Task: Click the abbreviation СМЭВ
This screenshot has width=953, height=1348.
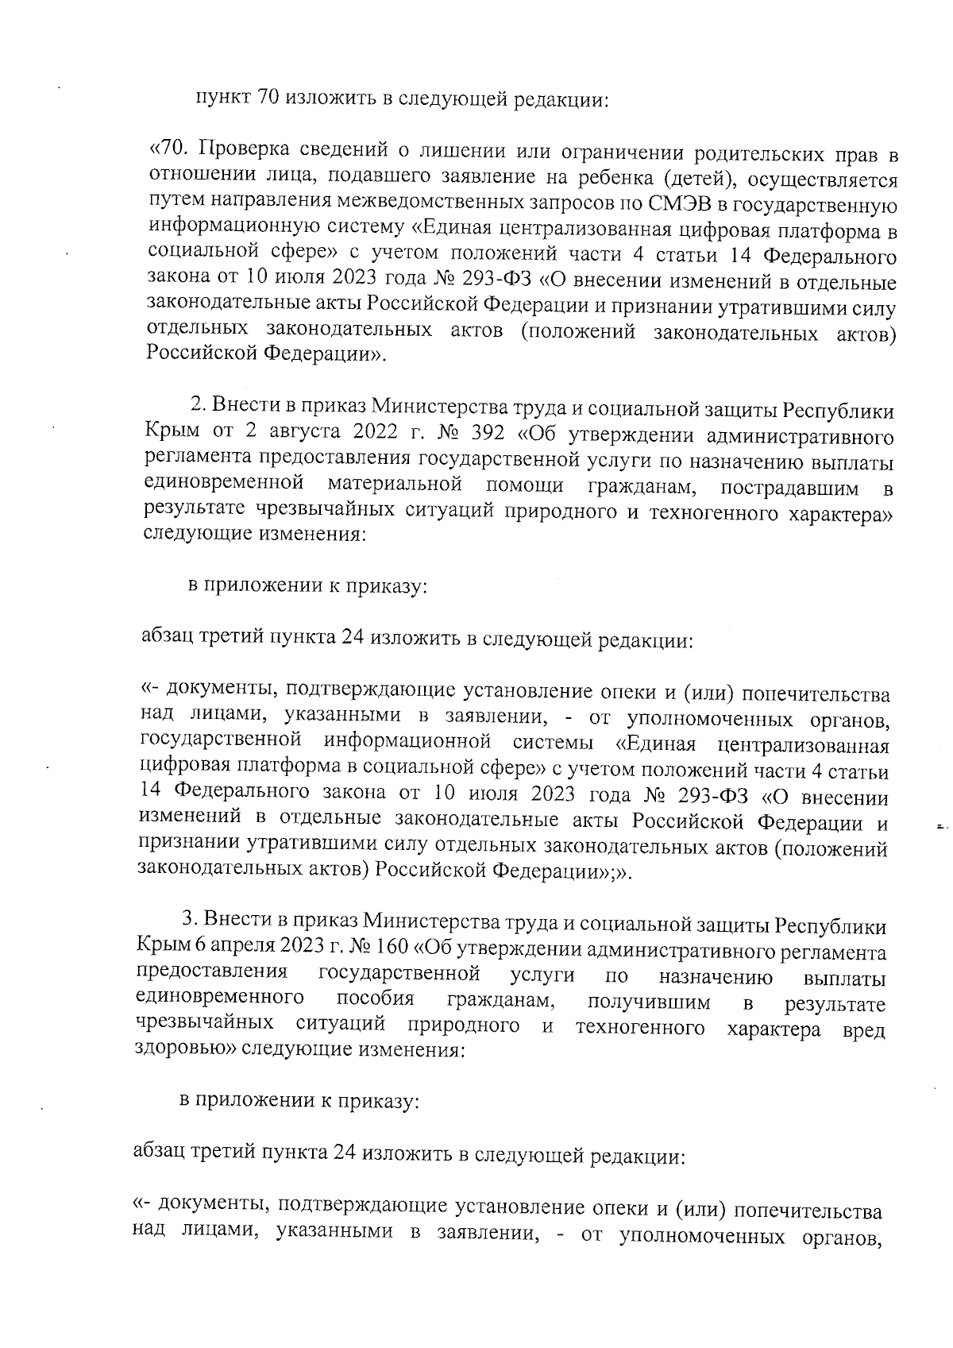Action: point(674,203)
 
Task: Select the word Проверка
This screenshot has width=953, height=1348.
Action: point(243,149)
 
